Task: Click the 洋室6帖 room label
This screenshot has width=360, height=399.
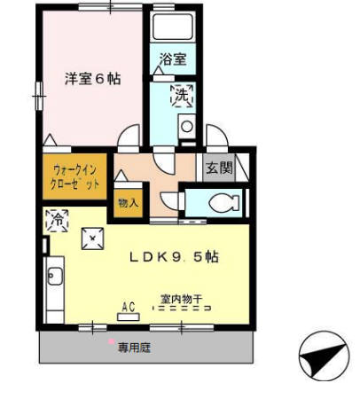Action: pyautogui.click(x=92, y=78)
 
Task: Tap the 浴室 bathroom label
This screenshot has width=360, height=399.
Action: pyautogui.click(x=172, y=60)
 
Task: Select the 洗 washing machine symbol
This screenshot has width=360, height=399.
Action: pyautogui.click(x=181, y=95)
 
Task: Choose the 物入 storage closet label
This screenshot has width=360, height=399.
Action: pyautogui.click(x=128, y=202)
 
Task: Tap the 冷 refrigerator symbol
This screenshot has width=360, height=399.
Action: pyautogui.click(x=55, y=218)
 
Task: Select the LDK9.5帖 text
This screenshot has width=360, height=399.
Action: pyautogui.click(x=174, y=256)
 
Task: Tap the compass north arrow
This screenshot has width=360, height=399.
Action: pyautogui.click(x=321, y=357)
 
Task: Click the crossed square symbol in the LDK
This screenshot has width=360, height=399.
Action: pyautogui.click(x=91, y=237)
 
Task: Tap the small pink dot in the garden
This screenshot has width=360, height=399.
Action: pyautogui.click(x=111, y=342)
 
